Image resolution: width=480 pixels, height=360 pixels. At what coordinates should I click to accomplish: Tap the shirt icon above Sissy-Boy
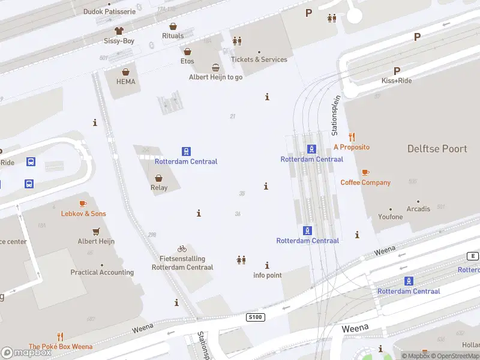point(119,30)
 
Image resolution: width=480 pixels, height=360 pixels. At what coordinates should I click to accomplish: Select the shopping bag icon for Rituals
point(173,26)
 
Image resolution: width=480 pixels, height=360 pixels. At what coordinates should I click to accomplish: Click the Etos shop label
point(187,61)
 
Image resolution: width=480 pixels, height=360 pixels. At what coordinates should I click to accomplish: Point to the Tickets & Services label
point(259,59)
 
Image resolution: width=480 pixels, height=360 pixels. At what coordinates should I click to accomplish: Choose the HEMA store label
point(125,82)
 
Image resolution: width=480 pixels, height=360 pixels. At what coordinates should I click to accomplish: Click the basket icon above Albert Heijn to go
point(215,68)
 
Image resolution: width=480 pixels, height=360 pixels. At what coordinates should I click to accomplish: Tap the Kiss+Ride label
point(396,80)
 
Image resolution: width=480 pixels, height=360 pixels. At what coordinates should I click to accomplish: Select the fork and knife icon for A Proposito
point(352,137)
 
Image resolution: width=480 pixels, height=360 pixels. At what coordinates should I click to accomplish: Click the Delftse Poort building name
point(437,149)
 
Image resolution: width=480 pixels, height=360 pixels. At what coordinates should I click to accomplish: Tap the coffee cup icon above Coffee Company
point(365,172)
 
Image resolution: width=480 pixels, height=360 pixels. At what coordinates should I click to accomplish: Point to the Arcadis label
point(418,209)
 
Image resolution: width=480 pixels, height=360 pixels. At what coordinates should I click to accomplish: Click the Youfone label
point(390,217)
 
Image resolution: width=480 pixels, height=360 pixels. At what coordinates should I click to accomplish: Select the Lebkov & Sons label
point(83,214)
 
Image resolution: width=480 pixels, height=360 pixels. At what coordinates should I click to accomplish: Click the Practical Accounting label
point(102,272)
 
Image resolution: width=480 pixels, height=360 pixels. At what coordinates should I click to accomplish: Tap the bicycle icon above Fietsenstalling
point(182,248)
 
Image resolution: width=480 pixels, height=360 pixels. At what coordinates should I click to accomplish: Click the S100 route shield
point(254,316)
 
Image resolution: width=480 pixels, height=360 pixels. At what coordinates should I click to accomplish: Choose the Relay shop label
point(159,188)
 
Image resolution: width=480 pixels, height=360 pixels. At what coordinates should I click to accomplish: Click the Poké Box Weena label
point(61,347)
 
